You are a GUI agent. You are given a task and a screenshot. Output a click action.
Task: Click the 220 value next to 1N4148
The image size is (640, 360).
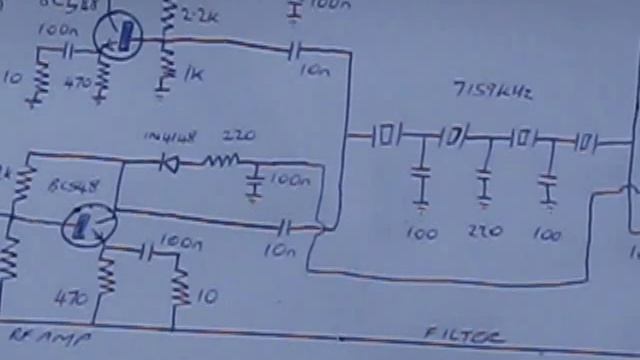[237, 136]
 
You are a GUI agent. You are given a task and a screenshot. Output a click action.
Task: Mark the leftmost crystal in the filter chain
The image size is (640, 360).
[387, 134]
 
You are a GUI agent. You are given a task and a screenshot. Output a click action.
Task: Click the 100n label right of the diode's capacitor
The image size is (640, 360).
[290, 181]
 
